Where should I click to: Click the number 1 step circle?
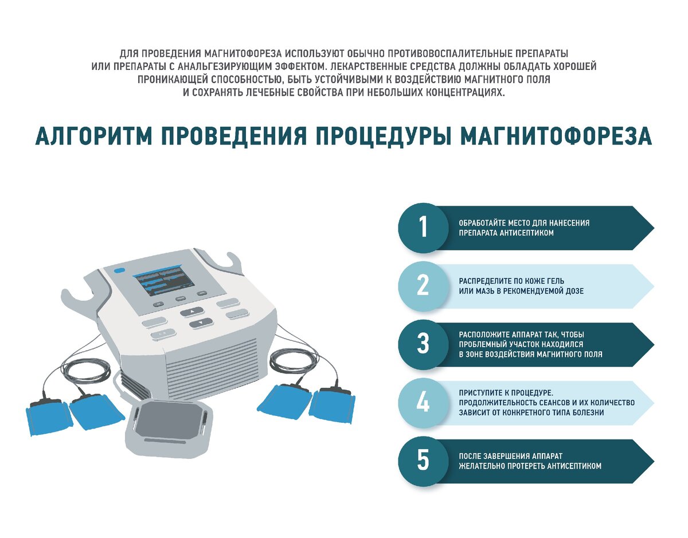(x=423, y=228)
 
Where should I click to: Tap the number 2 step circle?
(x=423, y=286)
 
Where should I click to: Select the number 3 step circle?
(x=423, y=344)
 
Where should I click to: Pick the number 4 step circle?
(x=423, y=403)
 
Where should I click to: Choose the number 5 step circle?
(x=423, y=461)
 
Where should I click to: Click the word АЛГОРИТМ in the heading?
(x=93, y=136)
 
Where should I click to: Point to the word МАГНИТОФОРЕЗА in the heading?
(x=556, y=136)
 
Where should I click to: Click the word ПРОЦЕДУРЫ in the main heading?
(x=384, y=136)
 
